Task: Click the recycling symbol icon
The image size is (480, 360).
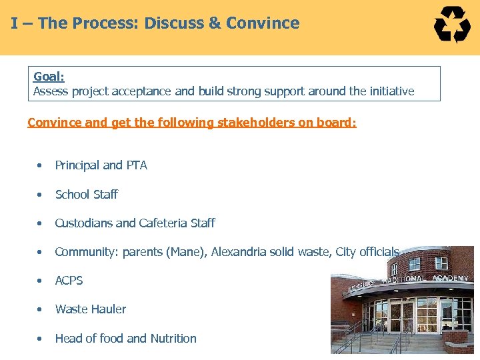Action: coord(452,25)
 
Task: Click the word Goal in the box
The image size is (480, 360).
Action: coord(48,77)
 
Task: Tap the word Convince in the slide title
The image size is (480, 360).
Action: coord(263,23)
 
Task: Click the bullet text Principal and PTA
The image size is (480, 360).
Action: coord(101,165)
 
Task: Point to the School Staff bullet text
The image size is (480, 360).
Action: coord(86,195)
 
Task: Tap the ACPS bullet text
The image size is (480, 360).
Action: coord(69,281)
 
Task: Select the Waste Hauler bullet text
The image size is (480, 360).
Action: coord(90,309)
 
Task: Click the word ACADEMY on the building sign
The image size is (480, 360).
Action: coord(450,278)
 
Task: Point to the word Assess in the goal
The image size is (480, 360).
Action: coord(51,91)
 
